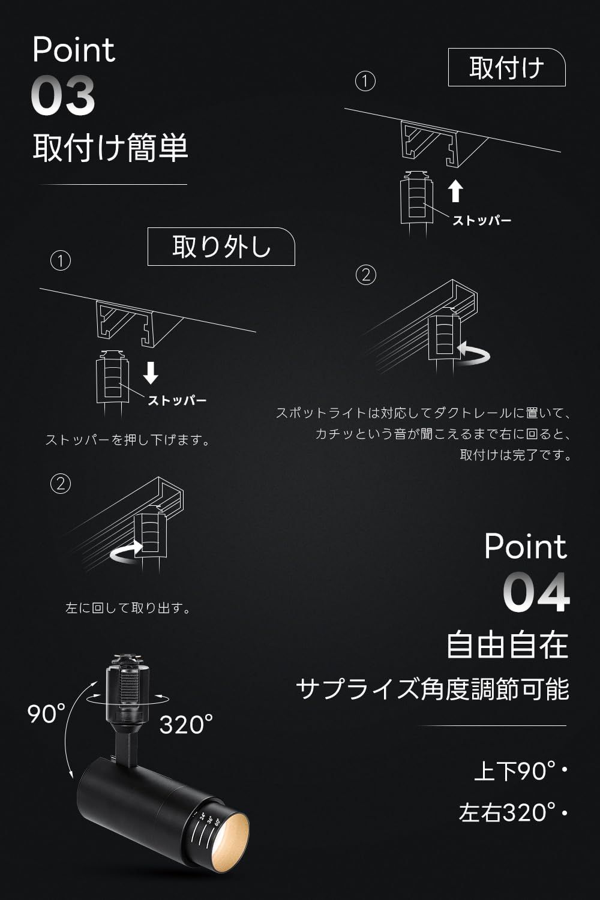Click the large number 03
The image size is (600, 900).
coord(63,96)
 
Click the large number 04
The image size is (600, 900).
coord(536,593)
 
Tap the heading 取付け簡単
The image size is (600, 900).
coord(110,148)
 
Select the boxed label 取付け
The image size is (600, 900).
coord(506,67)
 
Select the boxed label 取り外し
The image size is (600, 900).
coord(221,247)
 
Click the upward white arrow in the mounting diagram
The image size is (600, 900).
coord(455,191)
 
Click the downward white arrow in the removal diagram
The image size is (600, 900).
coord(151,372)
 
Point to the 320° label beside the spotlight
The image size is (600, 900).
coord(186,725)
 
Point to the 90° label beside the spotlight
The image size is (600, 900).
coord(46,714)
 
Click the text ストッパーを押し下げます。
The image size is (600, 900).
coord(128,440)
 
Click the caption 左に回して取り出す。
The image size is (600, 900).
coord(128,608)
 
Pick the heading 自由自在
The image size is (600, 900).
coord(507,645)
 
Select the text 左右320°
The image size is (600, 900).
coord(507,812)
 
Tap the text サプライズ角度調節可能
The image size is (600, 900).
coord(432,689)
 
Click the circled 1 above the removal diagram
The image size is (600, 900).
coord(61,261)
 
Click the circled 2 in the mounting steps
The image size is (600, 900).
coord(365,275)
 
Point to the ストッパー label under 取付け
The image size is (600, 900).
coord(482,221)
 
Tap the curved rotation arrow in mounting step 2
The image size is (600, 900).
coord(474,354)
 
